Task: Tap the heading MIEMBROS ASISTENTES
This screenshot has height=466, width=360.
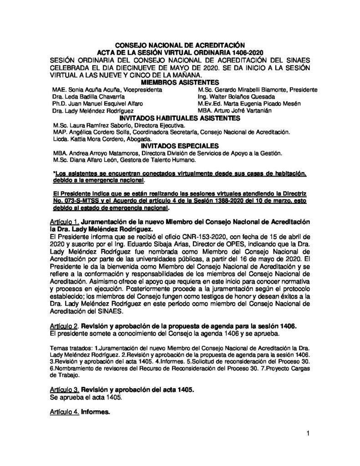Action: [181, 82]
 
